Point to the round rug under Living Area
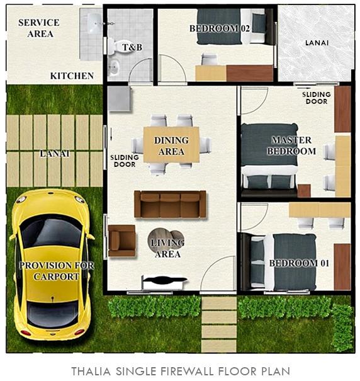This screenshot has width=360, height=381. (x=166, y=242)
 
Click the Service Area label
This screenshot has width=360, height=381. (x=39, y=28)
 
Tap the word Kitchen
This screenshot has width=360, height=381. (x=72, y=76)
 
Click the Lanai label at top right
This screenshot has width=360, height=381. (x=316, y=43)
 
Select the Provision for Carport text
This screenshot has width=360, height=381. (x=57, y=271)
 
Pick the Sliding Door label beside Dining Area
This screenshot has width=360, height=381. (x=123, y=161)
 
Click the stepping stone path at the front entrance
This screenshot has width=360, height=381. (x=218, y=324)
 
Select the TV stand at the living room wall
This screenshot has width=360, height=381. (x=164, y=281)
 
